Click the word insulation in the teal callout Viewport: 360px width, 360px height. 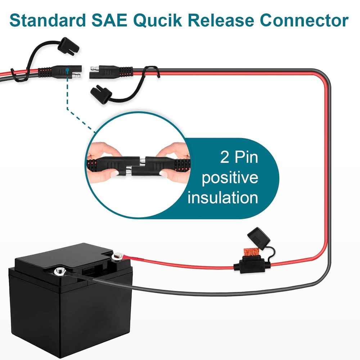(x=222, y=198)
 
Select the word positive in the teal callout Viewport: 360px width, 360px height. (x=230, y=177)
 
